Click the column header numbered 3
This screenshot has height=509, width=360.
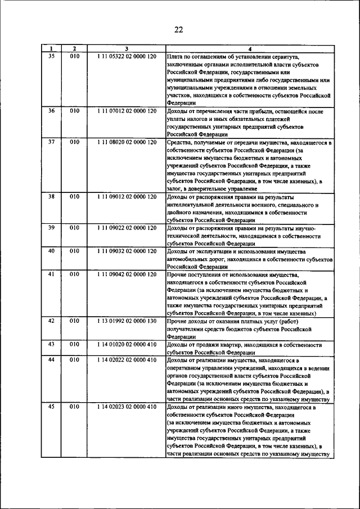[127, 49]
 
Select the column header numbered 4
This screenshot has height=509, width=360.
[249, 49]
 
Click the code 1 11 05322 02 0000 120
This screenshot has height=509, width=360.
[127, 57]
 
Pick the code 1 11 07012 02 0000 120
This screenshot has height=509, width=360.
[127, 111]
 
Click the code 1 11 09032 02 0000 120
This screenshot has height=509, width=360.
[127, 251]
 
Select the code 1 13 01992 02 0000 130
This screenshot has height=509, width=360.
[127, 321]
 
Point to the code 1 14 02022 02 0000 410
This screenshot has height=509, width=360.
[127, 359]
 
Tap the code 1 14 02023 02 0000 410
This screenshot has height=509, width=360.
[127, 406]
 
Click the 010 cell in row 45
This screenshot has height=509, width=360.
[75, 406]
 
